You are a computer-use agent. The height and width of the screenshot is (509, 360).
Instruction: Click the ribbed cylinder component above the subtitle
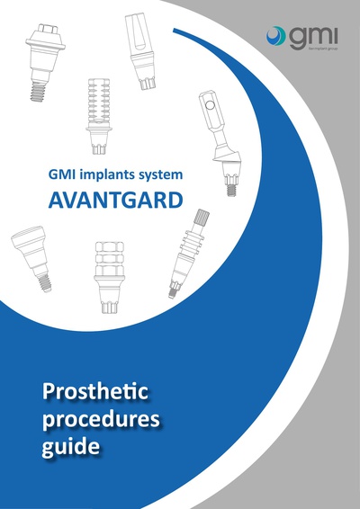99,106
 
